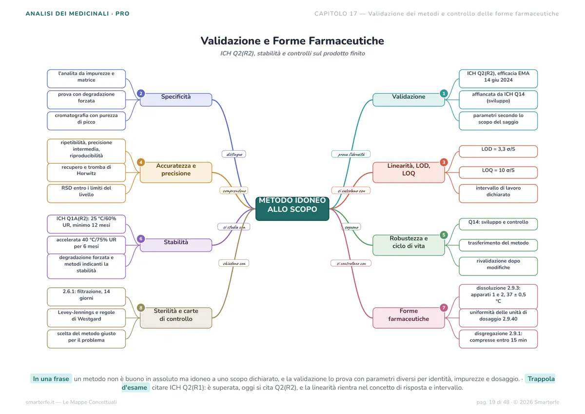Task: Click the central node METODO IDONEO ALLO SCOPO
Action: [292, 209]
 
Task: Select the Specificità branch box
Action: [176, 99]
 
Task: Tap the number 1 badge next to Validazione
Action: [444, 93]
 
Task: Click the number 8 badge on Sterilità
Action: [141, 308]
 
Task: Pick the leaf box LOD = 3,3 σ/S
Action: [498, 152]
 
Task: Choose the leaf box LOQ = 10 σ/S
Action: [498, 173]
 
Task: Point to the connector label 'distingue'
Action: [234, 154]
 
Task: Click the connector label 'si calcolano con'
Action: [351, 190]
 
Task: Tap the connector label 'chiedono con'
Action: [234, 263]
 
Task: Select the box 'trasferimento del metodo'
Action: [498, 245]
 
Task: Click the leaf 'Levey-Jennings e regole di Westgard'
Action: [86, 317]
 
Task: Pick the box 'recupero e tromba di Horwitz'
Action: [86, 173]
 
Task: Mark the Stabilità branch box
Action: [176, 245]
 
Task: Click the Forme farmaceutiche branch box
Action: [409, 317]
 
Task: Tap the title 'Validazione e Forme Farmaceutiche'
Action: [292, 41]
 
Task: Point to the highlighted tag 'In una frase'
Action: [51, 379]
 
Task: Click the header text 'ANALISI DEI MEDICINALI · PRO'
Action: [78, 14]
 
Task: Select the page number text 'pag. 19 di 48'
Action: [493, 402]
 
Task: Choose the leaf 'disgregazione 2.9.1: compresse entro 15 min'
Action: [498, 339]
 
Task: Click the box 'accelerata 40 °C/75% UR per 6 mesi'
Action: [86, 245]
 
